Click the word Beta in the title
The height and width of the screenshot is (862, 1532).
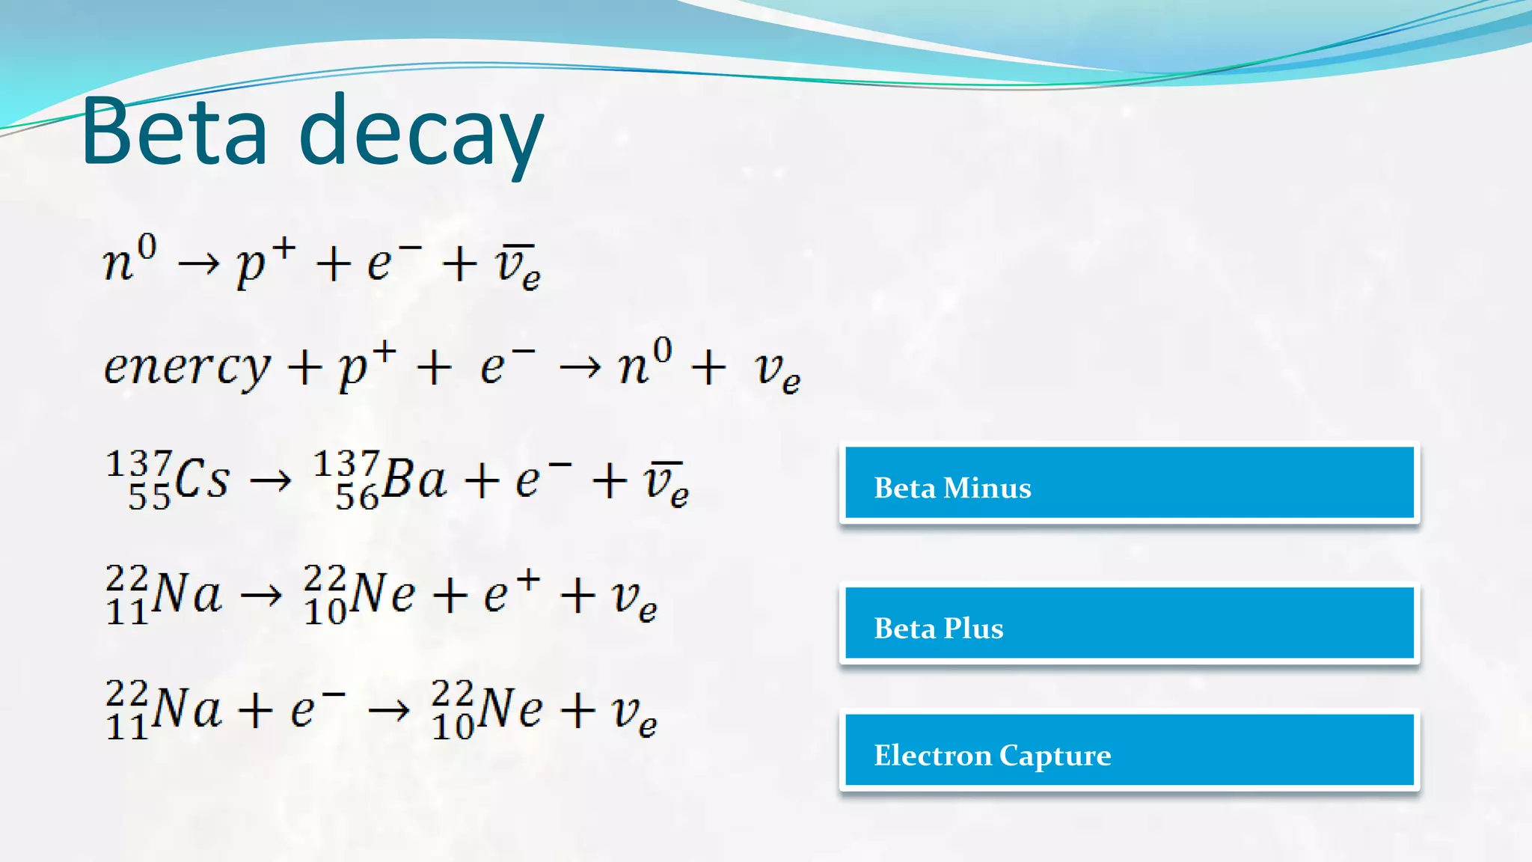tap(174, 131)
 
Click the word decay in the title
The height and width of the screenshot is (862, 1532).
tap(421, 135)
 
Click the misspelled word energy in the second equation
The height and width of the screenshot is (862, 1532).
tap(187, 368)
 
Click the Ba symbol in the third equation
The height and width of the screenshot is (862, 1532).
tap(414, 479)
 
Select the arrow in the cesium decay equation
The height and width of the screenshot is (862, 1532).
tap(270, 480)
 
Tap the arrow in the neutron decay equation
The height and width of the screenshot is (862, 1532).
tap(199, 263)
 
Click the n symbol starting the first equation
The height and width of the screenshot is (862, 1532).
tap(118, 263)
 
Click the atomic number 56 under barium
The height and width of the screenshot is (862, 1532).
tap(357, 498)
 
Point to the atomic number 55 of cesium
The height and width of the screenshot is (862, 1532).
tap(150, 498)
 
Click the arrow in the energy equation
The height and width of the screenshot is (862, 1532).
tap(580, 367)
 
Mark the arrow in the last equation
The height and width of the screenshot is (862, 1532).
tap(390, 709)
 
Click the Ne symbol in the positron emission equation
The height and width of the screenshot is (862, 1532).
tap(382, 594)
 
